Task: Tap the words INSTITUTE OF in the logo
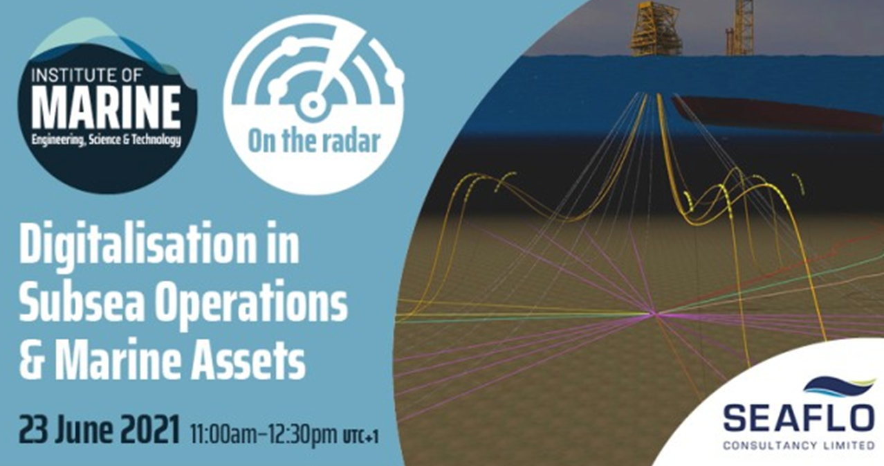[86, 75]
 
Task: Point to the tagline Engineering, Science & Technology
[107, 140]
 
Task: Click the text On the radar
[314, 142]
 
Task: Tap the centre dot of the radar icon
[313, 105]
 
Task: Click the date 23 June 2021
[99, 430]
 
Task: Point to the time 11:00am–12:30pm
[264, 433]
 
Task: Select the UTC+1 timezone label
[361, 436]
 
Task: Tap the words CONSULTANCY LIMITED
[799, 445]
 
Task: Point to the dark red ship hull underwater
[777, 114]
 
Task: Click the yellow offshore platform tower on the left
[655, 28]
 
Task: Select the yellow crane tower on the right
[740, 28]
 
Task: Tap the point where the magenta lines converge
[654, 314]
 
